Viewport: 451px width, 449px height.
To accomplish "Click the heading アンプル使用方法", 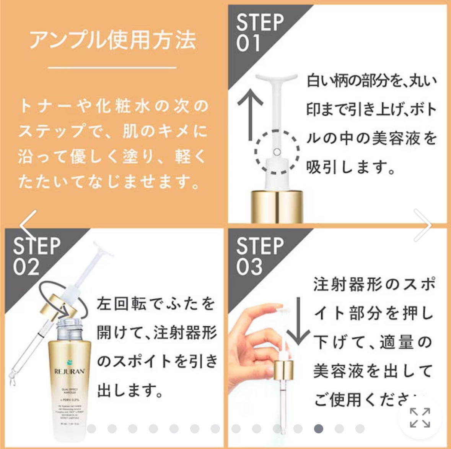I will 112,40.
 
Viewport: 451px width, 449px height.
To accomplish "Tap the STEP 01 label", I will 259,32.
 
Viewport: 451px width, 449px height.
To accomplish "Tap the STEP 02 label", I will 36,256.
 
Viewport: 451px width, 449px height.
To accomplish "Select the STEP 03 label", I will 260,256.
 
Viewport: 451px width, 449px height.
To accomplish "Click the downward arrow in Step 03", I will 298,321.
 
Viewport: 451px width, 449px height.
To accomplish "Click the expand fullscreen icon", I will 420,418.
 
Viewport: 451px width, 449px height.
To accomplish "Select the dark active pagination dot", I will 318,429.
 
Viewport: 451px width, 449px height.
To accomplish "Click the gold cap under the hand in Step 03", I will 283,370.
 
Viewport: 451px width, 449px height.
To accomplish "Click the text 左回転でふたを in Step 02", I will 156,304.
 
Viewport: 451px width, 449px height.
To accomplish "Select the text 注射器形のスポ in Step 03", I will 374,285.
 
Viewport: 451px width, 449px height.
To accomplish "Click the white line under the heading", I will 112,68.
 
